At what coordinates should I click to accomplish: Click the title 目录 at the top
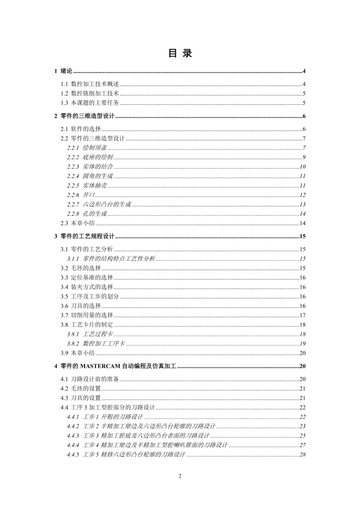point(180,54)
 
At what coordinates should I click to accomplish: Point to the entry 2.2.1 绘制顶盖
point(87,148)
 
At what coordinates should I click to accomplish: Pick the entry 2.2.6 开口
point(81,195)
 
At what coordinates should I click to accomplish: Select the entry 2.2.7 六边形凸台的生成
point(99,205)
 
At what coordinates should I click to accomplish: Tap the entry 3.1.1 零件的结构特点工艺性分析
point(111,259)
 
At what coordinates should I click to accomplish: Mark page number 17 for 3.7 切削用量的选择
point(303,315)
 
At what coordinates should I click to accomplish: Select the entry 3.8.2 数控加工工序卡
point(96,344)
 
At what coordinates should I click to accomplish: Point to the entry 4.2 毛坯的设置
point(81,388)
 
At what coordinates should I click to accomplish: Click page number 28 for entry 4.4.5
point(303,455)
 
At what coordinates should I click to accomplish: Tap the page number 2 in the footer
point(180,477)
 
